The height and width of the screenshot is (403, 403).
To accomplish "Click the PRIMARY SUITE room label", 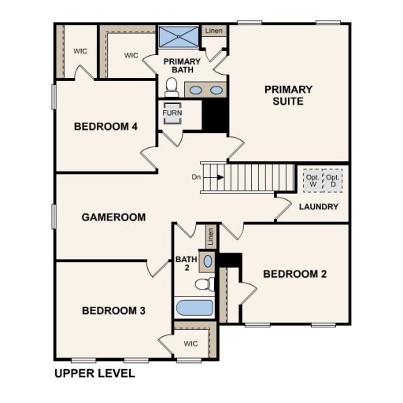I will pos(288,95).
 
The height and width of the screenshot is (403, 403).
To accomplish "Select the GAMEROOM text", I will pos(113,217).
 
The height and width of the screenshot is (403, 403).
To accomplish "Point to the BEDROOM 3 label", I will pos(113,311).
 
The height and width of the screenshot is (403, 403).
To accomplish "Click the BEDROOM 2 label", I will pos(294,274).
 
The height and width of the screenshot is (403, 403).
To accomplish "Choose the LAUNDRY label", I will pos(319,207).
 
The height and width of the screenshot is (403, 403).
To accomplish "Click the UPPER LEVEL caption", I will pos(94,373).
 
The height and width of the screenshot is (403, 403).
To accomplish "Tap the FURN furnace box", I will pos(172,113).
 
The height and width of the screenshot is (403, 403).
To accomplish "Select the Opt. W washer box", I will pos(311,180).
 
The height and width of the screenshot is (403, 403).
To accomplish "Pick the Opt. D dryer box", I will pos(335,180).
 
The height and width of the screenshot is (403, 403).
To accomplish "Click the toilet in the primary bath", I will pos(172,85).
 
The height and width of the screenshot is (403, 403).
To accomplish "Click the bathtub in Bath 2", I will pos(194,309).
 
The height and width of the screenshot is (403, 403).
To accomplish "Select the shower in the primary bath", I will pos(179,37).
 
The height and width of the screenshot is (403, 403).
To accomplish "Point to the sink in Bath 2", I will pos(207,260).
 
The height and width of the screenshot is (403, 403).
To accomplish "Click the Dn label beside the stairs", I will pos(196,177).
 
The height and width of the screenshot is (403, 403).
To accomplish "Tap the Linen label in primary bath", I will pos(213,31).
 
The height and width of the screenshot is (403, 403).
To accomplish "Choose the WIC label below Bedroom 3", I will pos(190,343).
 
